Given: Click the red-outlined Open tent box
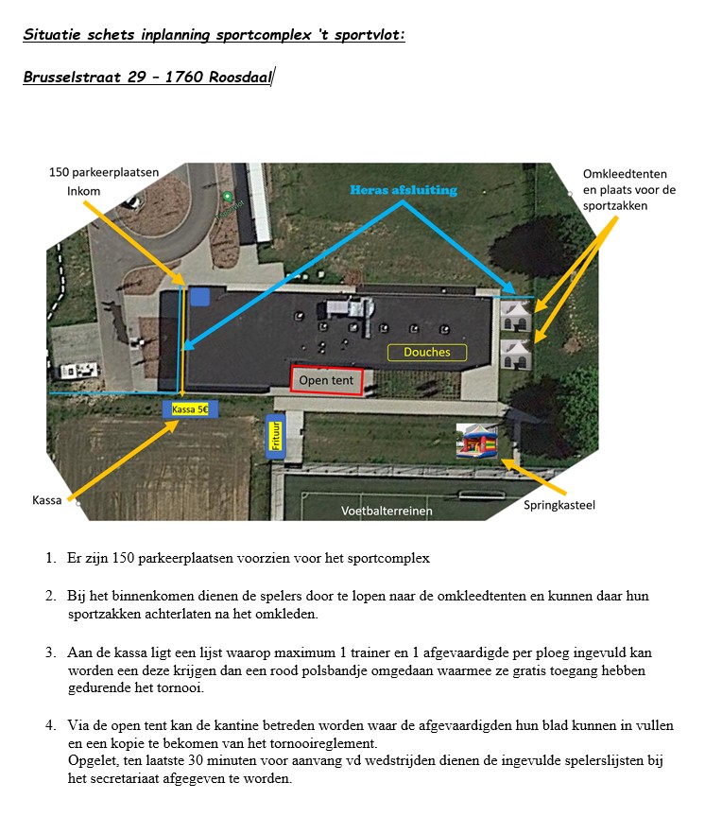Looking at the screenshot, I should tap(326, 379).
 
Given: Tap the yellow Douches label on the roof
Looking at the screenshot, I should tap(427, 353).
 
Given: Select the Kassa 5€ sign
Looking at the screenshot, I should tap(191, 409).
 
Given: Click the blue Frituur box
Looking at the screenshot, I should tap(277, 436).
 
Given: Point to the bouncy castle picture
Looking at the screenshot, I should tap(476, 442).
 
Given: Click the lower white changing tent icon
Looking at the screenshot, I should tap(516, 355).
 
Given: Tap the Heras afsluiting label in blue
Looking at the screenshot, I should tap(403, 190).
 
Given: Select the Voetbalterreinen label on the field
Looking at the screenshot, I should tap(387, 511).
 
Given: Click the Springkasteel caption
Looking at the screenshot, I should tap(559, 505).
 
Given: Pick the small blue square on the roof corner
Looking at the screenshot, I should tap(199, 297).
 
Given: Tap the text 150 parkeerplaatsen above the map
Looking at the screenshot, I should tap(104, 171).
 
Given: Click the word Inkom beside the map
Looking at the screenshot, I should tap(83, 190).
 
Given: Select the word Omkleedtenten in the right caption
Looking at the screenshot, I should tap(625, 174).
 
